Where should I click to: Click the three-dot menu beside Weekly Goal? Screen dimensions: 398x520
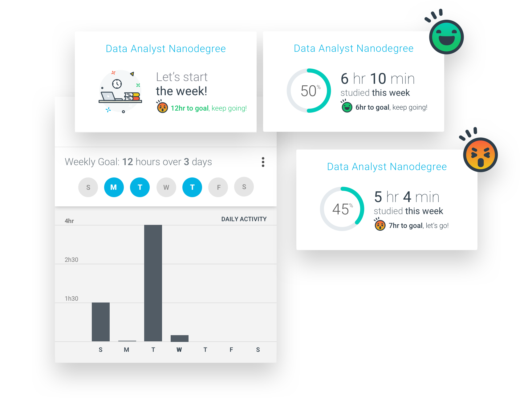pyautogui.click(x=263, y=162)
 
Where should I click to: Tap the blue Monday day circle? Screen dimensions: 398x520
pyautogui.click(x=114, y=187)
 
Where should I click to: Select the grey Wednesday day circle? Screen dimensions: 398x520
pyautogui.click(x=166, y=187)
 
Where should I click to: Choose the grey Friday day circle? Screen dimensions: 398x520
pyautogui.click(x=218, y=187)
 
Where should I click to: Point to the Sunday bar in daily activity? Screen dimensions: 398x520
pyautogui.click(x=101, y=322)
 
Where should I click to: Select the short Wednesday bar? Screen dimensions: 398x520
pyautogui.click(x=180, y=338)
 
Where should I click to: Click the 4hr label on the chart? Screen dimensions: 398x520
pyautogui.click(x=69, y=221)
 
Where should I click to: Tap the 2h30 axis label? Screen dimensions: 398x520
pyautogui.click(x=71, y=260)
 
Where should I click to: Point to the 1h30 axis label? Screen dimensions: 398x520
pyautogui.click(x=71, y=298)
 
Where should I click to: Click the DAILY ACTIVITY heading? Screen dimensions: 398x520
pyautogui.click(x=244, y=219)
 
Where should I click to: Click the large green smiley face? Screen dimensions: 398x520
pyautogui.click(x=446, y=37)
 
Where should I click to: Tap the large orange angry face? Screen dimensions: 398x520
pyautogui.click(x=480, y=155)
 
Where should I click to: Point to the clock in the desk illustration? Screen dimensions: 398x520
pyautogui.click(x=117, y=83)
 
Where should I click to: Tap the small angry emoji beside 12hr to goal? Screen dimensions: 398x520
pyautogui.click(x=162, y=108)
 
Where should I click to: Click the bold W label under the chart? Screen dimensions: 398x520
pyautogui.click(x=179, y=350)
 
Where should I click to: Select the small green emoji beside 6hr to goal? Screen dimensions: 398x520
pyautogui.click(x=347, y=107)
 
